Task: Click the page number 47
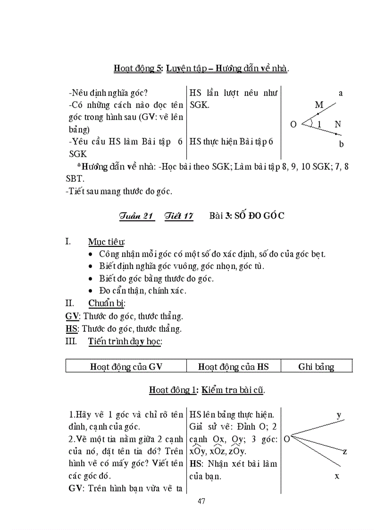(x=201, y=501)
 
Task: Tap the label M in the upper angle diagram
(x=319, y=104)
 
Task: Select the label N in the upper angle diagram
(x=337, y=124)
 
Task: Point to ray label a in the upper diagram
(x=341, y=93)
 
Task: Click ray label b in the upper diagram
(x=341, y=144)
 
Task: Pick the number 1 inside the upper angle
(x=319, y=125)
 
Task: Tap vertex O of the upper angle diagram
(x=293, y=125)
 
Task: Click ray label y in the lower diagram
(x=339, y=415)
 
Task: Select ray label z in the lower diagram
(x=344, y=452)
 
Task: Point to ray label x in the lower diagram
(x=337, y=476)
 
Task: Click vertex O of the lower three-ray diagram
(x=286, y=439)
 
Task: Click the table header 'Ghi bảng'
(x=316, y=367)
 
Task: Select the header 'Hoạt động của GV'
(x=126, y=367)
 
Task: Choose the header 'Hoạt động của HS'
(x=233, y=367)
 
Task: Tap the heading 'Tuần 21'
(x=137, y=216)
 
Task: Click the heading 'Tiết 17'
(x=179, y=216)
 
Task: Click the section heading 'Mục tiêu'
(x=106, y=242)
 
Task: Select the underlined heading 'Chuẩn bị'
(x=106, y=303)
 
